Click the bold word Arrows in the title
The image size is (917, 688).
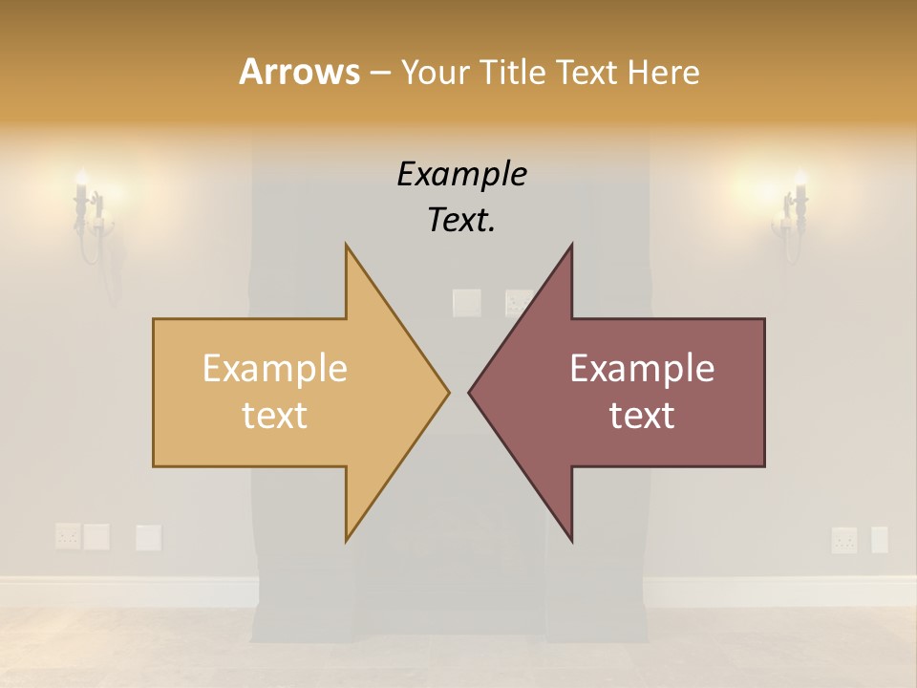coord(299,72)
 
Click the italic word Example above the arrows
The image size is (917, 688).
coord(461,174)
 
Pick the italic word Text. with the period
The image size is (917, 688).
coord(461,221)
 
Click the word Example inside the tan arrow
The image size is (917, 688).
coord(275,369)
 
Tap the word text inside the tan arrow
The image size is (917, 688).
coord(275,416)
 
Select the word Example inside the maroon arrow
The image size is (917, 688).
coord(642,369)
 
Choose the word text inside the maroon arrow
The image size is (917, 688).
coord(642,416)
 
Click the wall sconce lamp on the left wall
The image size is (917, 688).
coord(87,215)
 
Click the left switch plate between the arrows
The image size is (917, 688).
coord(466,303)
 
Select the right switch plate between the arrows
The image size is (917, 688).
coord(519,303)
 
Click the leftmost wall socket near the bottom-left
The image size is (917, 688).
coord(67,536)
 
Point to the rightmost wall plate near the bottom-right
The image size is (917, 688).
coord(879,540)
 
